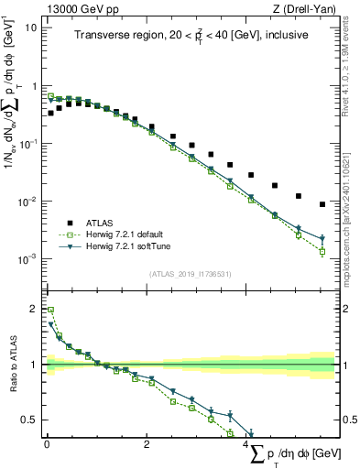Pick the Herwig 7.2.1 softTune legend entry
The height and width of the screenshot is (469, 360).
[x=128, y=246]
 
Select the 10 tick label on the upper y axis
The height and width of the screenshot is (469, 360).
[x=30, y=27]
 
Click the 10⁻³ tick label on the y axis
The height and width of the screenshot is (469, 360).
[x=27, y=259]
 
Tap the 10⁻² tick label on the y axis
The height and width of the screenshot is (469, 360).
[x=27, y=202]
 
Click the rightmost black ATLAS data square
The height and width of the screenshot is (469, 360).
[x=322, y=204]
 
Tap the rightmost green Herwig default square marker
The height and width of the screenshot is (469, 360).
[x=322, y=251]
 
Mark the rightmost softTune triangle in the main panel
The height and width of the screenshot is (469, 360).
[x=322, y=239]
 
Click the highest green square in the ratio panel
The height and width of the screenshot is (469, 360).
[x=50, y=310]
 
